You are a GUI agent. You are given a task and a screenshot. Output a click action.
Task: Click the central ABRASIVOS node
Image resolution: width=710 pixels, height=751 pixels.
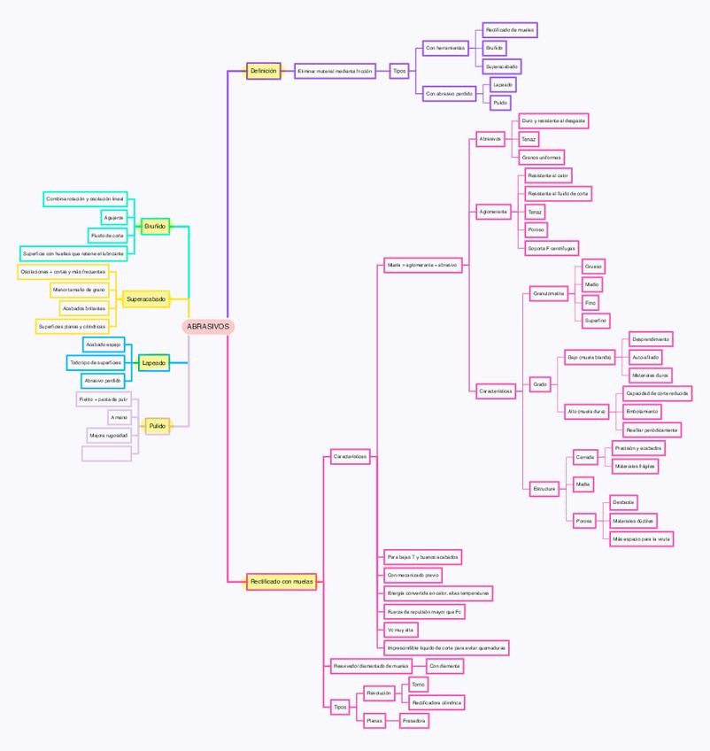pos(208,326)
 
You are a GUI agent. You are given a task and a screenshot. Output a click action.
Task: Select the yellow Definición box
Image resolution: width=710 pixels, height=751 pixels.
pos(263,71)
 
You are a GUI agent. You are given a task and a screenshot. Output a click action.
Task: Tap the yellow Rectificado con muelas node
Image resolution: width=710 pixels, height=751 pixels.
pos(281,581)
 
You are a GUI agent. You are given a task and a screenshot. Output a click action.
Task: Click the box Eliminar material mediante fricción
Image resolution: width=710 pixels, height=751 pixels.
pos(335,71)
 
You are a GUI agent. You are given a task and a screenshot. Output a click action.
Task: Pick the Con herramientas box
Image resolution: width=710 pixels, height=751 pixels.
pos(444,48)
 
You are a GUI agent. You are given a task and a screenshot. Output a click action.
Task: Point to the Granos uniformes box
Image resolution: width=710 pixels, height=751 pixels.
pos(542,158)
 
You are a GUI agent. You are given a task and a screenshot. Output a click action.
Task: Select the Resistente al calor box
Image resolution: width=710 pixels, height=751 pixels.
pos(548,175)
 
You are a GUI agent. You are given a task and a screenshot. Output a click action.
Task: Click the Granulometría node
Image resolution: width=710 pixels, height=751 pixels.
pos(549,294)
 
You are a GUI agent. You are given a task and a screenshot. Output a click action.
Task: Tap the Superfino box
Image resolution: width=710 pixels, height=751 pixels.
pos(595,319)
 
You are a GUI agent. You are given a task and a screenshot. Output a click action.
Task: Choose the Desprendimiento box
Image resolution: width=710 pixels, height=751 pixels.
pos(651,339)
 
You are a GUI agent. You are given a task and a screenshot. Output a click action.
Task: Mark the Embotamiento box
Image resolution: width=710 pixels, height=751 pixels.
pos(642,412)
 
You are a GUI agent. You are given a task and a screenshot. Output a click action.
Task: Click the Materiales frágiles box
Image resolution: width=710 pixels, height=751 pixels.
pos(636,466)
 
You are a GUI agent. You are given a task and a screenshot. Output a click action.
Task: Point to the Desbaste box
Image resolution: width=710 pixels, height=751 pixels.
pos(623,502)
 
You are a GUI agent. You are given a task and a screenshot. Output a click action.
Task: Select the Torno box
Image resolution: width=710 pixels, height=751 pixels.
pos(419,685)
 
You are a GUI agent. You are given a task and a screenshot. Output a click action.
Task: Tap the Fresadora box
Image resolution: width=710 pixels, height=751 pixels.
pos(414,721)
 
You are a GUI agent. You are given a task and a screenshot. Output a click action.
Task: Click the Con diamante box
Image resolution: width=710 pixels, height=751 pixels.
pos(444,665)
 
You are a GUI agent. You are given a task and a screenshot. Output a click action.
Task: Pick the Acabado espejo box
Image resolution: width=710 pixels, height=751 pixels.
pos(103,344)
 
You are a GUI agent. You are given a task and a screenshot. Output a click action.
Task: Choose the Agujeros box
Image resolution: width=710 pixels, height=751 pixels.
pos(112,217)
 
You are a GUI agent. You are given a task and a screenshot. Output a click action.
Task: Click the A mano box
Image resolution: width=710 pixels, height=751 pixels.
pos(119,417)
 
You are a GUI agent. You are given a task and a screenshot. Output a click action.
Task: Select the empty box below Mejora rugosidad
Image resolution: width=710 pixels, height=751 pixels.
pos(106,453)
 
